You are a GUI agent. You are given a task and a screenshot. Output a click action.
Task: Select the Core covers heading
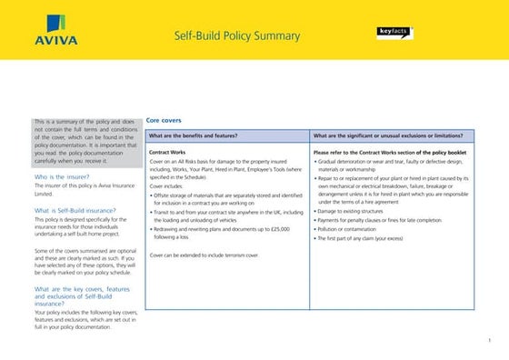click(x=164, y=119)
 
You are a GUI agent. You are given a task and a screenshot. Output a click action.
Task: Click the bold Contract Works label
click(x=166, y=153)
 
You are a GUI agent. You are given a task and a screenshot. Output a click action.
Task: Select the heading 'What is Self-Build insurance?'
click(x=77, y=210)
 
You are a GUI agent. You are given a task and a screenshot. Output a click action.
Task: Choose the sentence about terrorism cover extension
click(x=204, y=256)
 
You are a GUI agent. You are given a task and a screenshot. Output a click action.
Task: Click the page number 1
click(x=489, y=340)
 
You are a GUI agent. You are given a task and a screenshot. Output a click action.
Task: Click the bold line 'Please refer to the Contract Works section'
click(x=389, y=153)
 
